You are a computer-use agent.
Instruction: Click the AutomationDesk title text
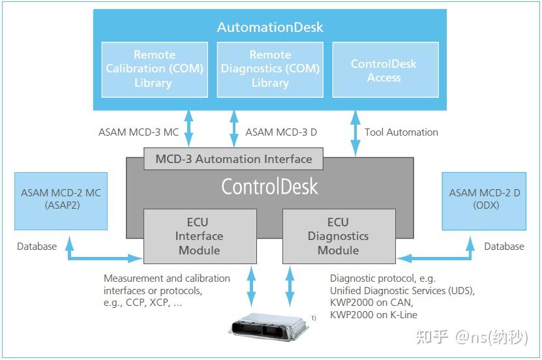coord(270,27)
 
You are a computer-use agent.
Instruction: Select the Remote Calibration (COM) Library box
coord(155,69)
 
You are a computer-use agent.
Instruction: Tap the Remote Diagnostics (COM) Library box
coord(270,69)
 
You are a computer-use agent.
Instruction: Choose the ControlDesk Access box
coord(385,69)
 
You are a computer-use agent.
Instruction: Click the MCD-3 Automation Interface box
coord(233,159)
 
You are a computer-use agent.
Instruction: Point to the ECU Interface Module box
coord(200,236)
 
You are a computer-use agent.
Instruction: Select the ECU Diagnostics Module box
coord(339,236)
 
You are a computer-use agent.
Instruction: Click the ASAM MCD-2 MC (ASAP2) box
coord(61,201)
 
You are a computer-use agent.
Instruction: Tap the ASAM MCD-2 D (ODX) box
coord(484,201)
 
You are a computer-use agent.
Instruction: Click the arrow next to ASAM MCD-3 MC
coord(188,129)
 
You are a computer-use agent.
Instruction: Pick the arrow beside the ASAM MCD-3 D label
coord(234,129)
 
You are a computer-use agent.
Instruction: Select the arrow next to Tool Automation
coord(355,134)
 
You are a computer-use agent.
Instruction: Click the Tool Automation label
coord(401,132)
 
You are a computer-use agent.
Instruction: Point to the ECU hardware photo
coord(268,327)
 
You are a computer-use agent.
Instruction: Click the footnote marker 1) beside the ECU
coord(313,318)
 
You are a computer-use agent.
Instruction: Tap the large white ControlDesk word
coord(269,187)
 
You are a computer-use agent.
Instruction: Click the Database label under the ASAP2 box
coord(37,247)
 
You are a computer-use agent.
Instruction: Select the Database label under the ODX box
coord(504,247)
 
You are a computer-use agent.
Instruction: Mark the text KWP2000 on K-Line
coord(374,315)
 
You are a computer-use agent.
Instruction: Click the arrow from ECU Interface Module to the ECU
coord(251,286)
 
